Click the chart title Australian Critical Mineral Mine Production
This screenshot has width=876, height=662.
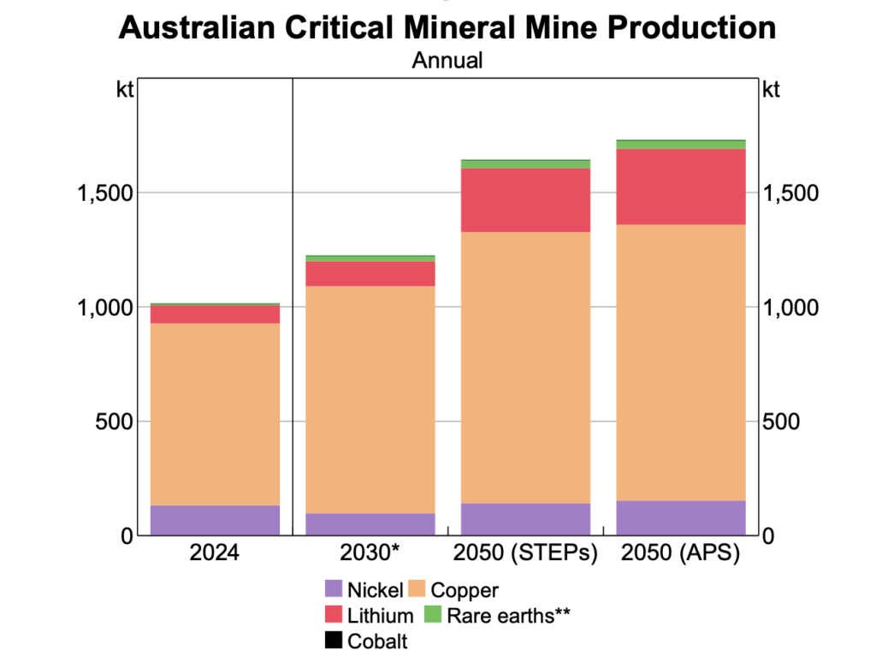(x=447, y=27)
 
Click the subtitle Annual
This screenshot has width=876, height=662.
(x=447, y=61)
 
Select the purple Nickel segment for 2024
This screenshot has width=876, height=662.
(x=215, y=520)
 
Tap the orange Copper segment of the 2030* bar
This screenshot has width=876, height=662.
(x=370, y=399)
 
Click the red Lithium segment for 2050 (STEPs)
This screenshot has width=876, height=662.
(x=525, y=200)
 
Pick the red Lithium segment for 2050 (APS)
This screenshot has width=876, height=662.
(x=681, y=186)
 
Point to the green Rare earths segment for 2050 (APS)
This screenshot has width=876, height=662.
(x=681, y=145)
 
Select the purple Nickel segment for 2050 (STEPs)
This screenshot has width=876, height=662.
(x=525, y=519)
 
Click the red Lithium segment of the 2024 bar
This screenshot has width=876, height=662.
(x=215, y=314)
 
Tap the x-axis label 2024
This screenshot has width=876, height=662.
(x=215, y=553)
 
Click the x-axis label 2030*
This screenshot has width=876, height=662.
(x=370, y=553)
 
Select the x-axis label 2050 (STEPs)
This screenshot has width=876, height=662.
(x=525, y=553)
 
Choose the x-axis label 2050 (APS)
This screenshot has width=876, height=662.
(x=681, y=553)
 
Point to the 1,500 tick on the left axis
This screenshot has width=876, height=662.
(x=100, y=192)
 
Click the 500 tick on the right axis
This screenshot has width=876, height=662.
(x=780, y=422)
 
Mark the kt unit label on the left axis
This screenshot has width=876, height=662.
(x=125, y=90)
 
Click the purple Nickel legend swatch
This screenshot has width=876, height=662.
(x=333, y=589)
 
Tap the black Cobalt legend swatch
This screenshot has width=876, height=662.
(x=333, y=641)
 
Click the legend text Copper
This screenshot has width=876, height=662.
(x=465, y=589)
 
